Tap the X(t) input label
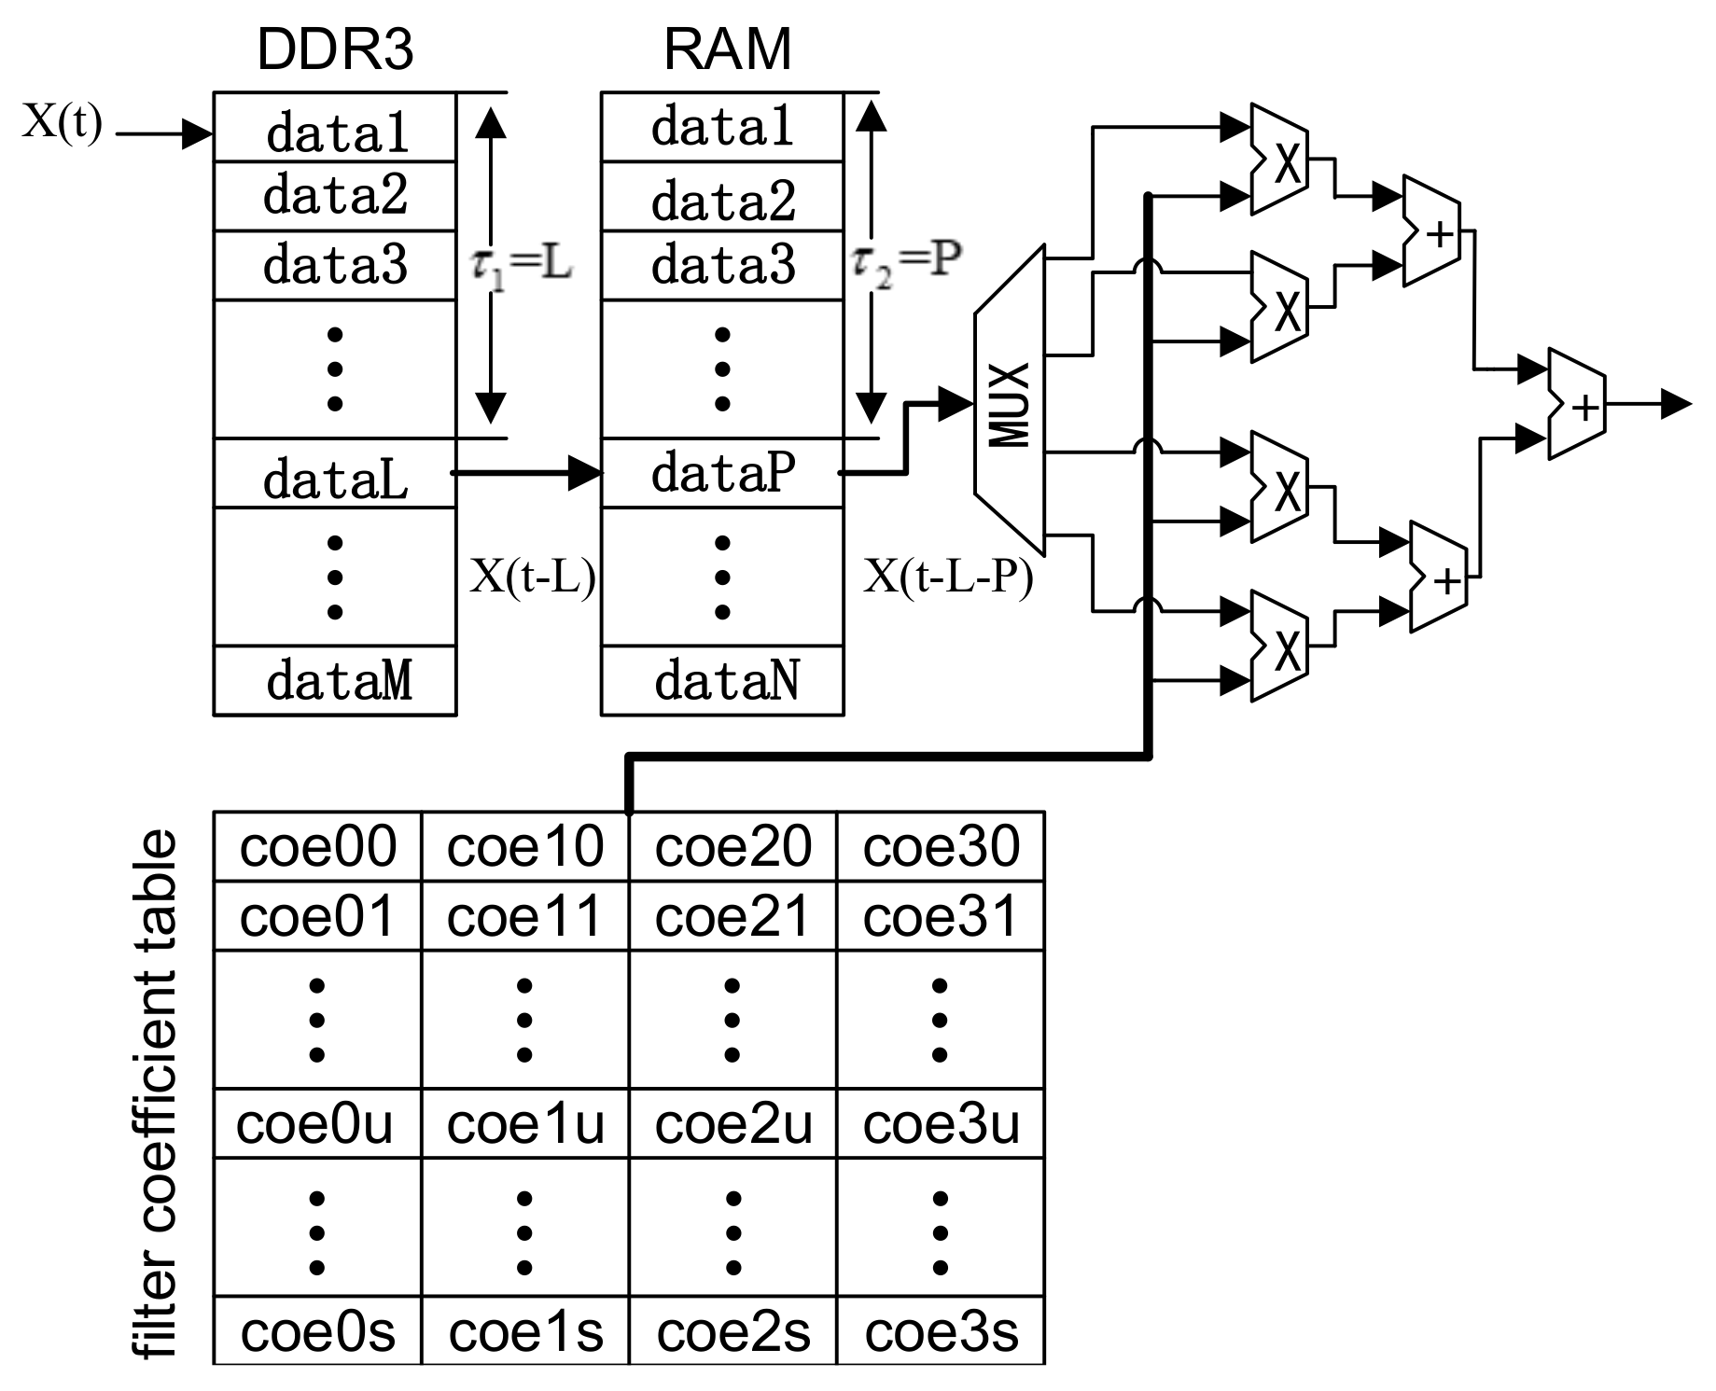click(x=62, y=121)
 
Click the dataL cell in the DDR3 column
click(x=335, y=475)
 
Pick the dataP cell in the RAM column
click(x=722, y=473)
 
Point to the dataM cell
click(x=337, y=680)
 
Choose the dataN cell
click(x=725, y=680)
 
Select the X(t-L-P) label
click(x=948, y=577)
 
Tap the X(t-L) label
click(x=532, y=577)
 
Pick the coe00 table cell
click(x=318, y=846)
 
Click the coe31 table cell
click(x=940, y=916)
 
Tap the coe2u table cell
click(x=732, y=1123)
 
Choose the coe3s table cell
click(x=940, y=1330)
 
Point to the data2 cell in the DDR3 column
click(x=335, y=196)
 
